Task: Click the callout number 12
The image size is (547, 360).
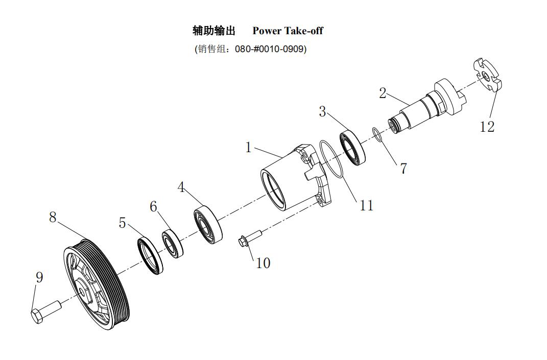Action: tap(487, 127)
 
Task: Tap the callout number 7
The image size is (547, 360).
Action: tap(403, 169)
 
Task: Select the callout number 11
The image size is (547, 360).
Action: tap(366, 205)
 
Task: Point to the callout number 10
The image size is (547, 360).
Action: tap(263, 263)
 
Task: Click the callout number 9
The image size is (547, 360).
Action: tap(39, 277)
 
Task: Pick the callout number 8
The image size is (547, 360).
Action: tap(53, 217)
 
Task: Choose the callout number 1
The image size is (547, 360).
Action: tap(248, 148)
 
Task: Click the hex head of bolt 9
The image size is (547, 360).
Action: tap(37, 316)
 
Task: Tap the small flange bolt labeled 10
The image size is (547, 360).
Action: tap(250, 238)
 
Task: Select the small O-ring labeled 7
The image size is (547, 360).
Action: tap(377, 135)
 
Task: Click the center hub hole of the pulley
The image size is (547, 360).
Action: tap(82, 291)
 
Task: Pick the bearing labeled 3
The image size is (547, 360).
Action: tap(352, 147)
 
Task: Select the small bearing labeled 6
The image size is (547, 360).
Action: tap(172, 243)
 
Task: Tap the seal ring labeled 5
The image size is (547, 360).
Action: tap(150, 255)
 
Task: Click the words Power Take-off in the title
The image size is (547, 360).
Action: tap(288, 31)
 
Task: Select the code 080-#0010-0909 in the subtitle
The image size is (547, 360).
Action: tap(269, 49)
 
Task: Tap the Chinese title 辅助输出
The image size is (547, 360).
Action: tap(214, 31)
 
